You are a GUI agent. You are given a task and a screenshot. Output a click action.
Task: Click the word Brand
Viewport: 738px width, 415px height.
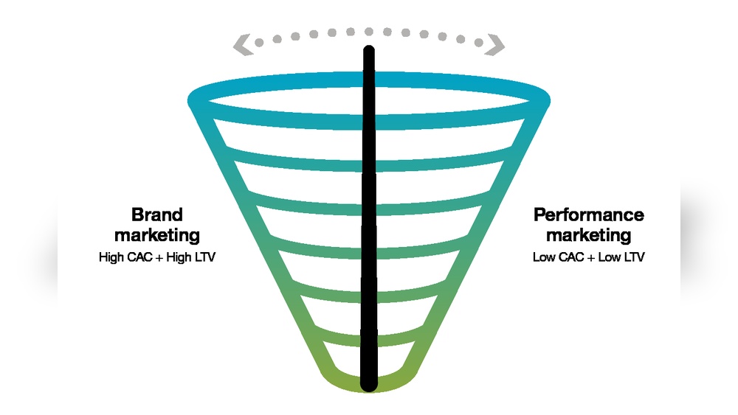tap(156, 215)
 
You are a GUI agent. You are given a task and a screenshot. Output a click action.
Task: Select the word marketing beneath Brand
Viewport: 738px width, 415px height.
tap(156, 235)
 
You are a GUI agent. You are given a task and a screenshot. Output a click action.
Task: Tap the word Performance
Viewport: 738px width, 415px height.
tap(589, 215)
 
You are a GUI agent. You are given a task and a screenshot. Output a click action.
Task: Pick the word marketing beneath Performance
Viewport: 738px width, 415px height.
tap(589, 235)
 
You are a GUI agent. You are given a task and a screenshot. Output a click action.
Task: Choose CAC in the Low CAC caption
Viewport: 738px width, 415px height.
tap(567, 259)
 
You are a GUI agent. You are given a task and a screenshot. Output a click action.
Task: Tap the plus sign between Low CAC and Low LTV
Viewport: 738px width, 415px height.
tap(587, 259)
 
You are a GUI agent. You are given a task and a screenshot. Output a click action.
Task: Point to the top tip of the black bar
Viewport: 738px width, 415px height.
tap(369, 52)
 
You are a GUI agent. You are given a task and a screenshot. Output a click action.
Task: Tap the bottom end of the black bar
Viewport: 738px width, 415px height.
tap(369, 385)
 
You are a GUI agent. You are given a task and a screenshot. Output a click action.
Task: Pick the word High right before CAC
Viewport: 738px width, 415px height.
tap(111, 259)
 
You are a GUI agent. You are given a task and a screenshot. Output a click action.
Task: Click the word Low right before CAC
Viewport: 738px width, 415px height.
tap(543, 259)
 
